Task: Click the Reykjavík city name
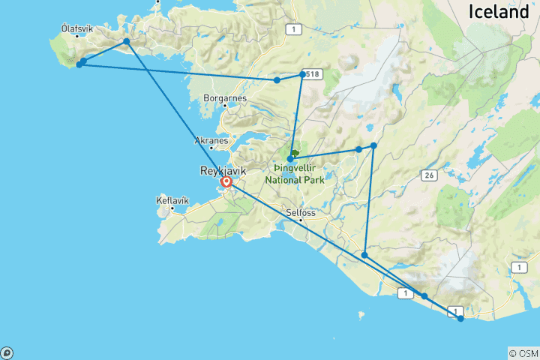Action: tap(223, 171)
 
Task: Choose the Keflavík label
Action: tap(172, 200)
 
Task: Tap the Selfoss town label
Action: tap(300, 212)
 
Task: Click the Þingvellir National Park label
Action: tap(294, 175)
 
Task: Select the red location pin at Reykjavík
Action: tap(226, 181)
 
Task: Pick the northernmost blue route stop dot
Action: tap(127, 40)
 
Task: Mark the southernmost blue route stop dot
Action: tap(460, 319)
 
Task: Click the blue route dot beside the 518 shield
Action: tap(302, 74)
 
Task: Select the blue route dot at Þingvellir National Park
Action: tap(290, 159)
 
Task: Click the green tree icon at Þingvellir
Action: tap(295, 154)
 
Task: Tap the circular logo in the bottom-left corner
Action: tap(7, 352)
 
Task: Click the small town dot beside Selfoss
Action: tap(301, 220)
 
